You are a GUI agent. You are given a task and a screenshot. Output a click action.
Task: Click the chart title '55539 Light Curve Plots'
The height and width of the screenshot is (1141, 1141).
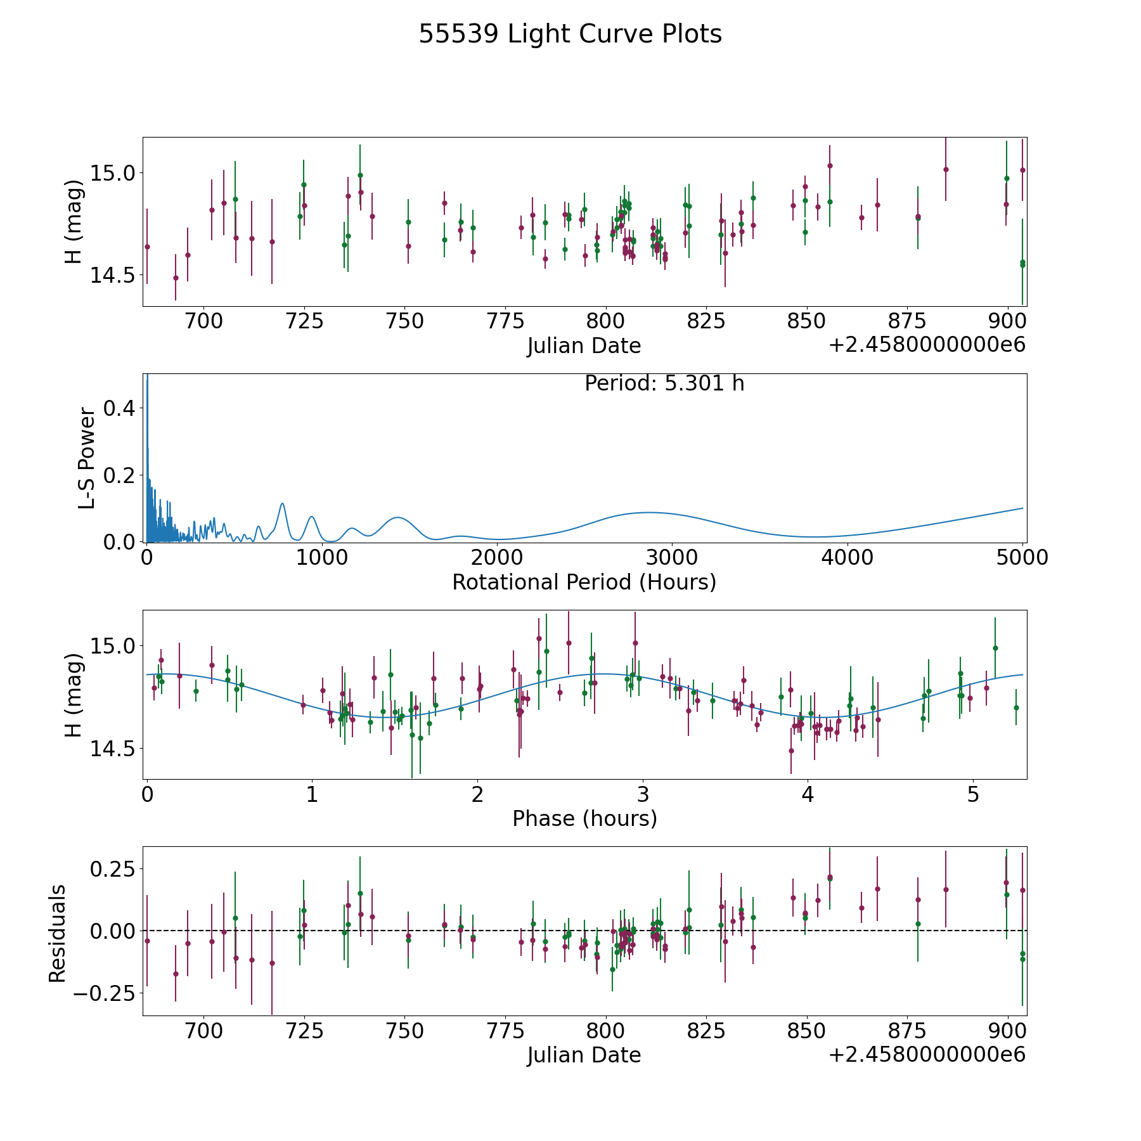click(x=570, y=34)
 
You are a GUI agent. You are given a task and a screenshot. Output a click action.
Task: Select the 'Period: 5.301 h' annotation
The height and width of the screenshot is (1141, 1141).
click(x=664, y=384)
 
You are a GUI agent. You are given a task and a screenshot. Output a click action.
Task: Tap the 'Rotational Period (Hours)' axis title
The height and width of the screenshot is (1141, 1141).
click(x=584, y=582)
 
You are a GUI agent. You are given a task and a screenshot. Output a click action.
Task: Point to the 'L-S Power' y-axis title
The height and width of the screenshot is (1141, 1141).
click(x=87, y=458)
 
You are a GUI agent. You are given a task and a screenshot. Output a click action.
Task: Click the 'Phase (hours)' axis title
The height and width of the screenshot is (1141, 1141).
click(x=584, y=818)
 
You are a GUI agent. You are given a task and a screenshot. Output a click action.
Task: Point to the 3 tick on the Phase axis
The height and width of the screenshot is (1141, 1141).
click(x=643, y=794)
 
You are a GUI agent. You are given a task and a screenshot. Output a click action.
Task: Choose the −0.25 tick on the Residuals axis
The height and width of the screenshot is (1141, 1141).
click(x=105, y=993)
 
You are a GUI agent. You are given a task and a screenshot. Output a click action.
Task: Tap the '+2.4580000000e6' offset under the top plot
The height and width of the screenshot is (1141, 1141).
click(x=927, y=345)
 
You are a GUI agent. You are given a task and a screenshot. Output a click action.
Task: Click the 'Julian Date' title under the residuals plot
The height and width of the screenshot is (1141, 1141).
click(x=584, y=1055)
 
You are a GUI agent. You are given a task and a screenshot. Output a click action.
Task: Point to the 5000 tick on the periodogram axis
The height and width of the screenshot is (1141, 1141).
click(x=1022, y=558)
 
